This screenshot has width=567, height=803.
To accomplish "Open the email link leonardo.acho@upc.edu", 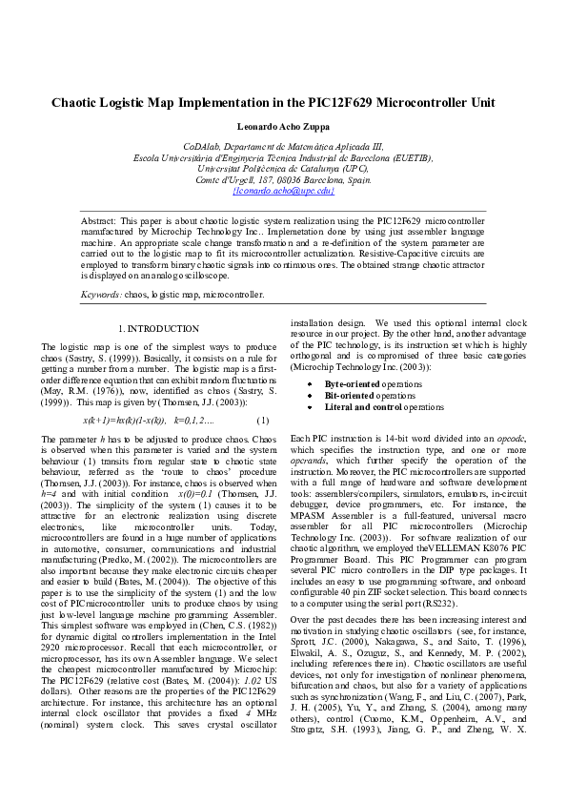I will pyautogui.click(x=283, y=191).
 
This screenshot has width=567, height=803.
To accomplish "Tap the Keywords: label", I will pyautogui.click(x=101, y=295).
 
